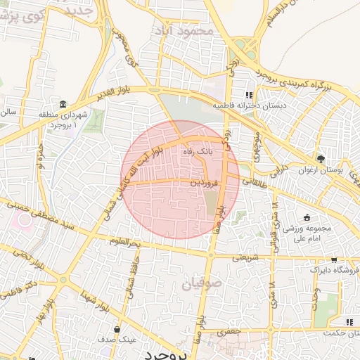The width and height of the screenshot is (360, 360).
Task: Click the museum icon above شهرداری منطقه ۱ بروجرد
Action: (63, 104)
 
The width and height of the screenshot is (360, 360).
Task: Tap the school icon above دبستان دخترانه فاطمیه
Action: (249, 96)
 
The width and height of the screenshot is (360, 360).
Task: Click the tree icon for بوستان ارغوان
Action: (321, 159)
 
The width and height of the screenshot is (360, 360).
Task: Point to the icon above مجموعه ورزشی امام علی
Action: (307, 217)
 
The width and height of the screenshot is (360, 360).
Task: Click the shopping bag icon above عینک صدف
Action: (117, 328)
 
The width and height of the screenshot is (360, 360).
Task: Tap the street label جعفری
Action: (229, 330)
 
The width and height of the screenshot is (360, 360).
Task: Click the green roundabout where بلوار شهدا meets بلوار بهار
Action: (64, 279)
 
